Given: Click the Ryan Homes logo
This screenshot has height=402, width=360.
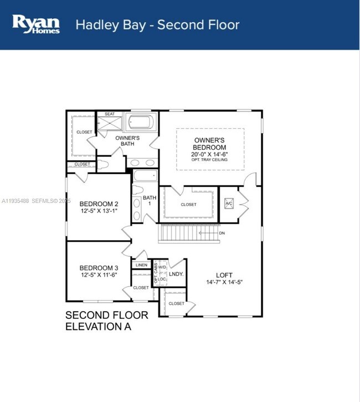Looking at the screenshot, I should [36, 24].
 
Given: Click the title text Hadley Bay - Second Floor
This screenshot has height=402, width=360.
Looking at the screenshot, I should [157, 25].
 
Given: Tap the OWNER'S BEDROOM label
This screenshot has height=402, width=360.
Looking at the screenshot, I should [210, 144].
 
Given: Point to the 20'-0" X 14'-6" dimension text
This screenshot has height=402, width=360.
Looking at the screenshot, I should [210, 154].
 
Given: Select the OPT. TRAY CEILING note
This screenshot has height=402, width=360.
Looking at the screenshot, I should [210, 160].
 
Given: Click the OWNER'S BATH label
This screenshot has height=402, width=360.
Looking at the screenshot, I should [127, 141].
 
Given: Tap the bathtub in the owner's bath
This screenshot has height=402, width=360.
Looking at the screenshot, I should [142, 122].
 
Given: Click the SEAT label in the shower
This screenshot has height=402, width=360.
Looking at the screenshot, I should [109, 114].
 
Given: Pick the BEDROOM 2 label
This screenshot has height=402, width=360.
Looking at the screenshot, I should [99, 203].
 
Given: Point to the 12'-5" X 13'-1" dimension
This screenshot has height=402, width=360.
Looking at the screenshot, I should [99, 211].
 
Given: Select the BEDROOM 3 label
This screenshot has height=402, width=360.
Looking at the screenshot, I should [99, 267].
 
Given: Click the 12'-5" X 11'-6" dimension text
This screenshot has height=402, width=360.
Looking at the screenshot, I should [99, 274].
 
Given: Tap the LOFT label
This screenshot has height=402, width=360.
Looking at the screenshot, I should [224, 274].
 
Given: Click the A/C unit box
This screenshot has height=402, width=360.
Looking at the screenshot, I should [229, 203].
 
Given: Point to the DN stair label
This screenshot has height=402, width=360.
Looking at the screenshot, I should [222, 233].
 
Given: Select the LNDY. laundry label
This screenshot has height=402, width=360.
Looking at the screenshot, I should [176, 274].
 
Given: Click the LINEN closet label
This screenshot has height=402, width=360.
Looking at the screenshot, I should [141, 266].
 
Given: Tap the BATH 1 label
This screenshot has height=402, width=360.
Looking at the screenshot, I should [150, 201].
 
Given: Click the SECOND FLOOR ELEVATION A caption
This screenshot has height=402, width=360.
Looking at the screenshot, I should [106, 321].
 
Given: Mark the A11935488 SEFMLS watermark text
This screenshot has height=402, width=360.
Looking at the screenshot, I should [35, 201].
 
